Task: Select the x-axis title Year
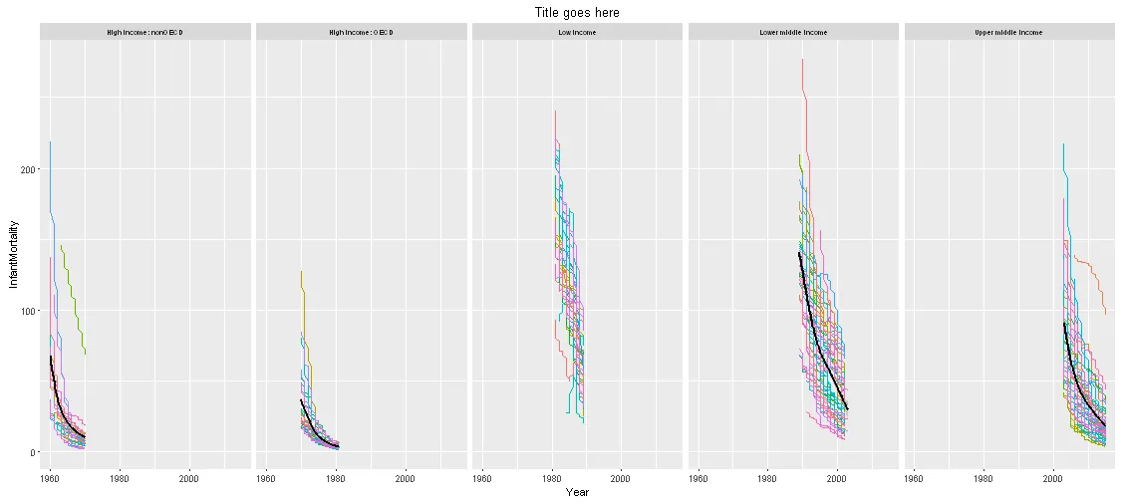coord(577,492)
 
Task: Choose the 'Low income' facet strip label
coord(577,33)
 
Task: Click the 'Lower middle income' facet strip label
coord(793,33)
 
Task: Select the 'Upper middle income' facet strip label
coord(1009,33)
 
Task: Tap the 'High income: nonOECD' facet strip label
coord(144,33)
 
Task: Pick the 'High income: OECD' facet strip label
coord(361,33)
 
